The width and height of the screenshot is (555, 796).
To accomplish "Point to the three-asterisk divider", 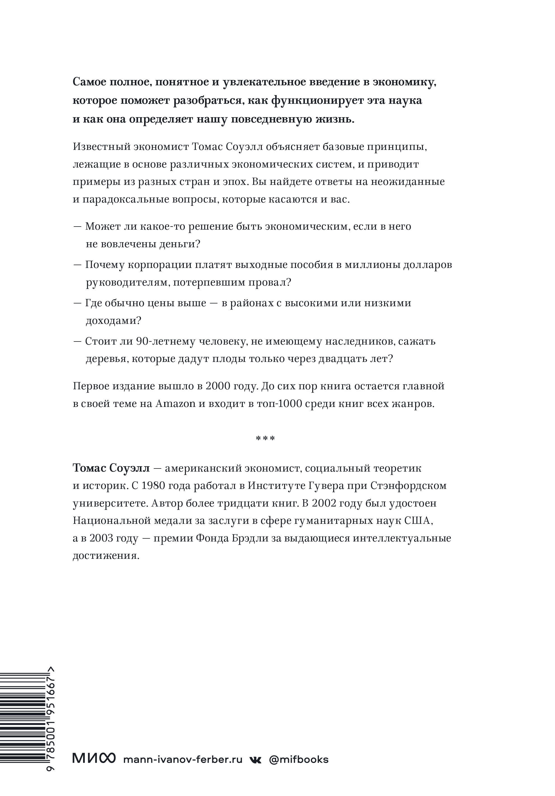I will pyautogui.click(x=265, y=439).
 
